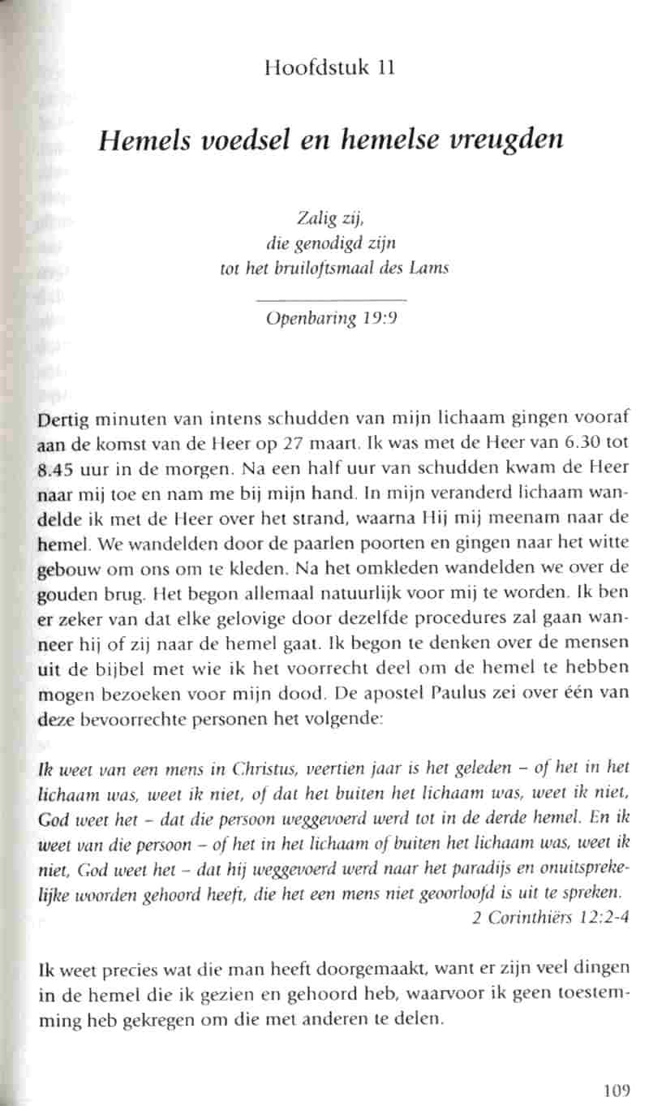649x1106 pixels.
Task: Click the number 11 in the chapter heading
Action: tap(385, 67)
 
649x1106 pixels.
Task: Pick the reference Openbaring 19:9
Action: tap(332, 318)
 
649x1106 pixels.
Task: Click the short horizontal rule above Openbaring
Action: tap(332, 301)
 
